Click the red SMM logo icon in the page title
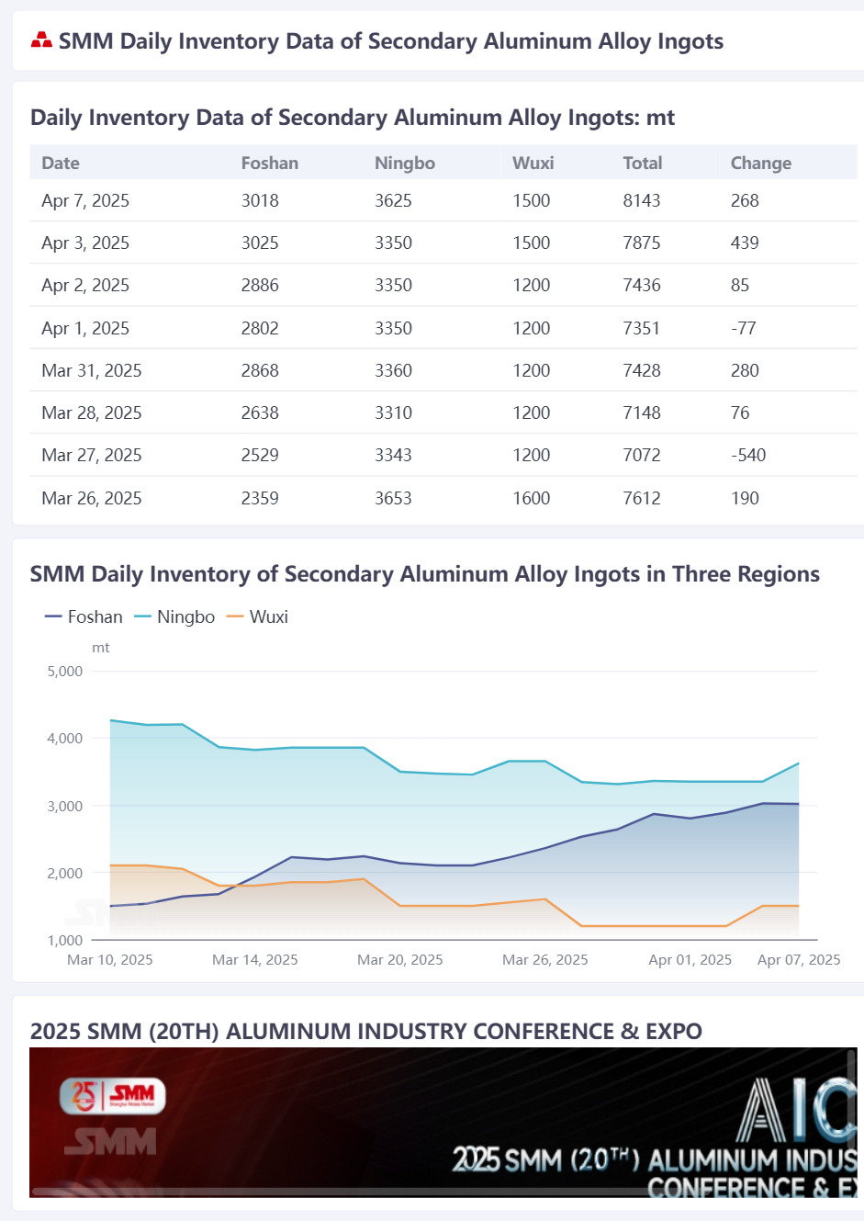pos(41,40)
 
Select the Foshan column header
pos(270,163)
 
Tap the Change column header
pos(760,163)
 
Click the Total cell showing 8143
pos(641,200)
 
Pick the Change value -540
pos(748,455)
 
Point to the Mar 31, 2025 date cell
pos(92,370)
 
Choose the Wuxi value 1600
pos(531,498)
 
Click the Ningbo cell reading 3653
pos(393,498)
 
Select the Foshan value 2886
pos(260,285)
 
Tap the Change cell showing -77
pos(743,328)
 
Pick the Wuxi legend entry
pos(257,616)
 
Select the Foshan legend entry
pos(84,616)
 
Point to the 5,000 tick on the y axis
pos(65,671)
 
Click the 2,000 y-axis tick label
pos(65,873)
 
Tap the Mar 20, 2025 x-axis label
pos(399,959)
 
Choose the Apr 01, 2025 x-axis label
pos(690,959)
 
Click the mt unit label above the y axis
pos(101,648)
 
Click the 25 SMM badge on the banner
pos(112,1096)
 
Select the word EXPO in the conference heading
pos(674,1032)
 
